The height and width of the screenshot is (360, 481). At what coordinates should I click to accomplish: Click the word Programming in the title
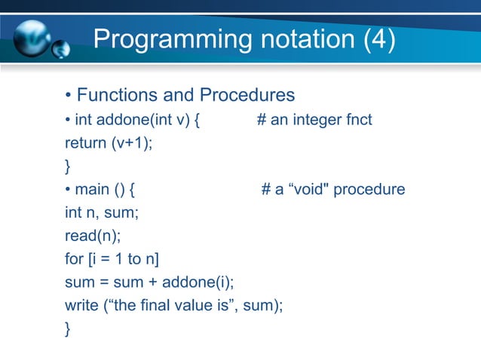(157, 40)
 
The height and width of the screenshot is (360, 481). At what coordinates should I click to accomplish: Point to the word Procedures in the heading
(247, 96)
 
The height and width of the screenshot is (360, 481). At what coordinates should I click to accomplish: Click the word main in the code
(91, 189)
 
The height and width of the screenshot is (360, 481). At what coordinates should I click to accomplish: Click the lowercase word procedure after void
(369, 189)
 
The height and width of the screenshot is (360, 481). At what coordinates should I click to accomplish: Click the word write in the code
(81, 306)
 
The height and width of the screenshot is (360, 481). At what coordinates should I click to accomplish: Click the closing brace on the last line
(69, 329)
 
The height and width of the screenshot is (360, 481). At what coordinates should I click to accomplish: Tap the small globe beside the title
(60, 49)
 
